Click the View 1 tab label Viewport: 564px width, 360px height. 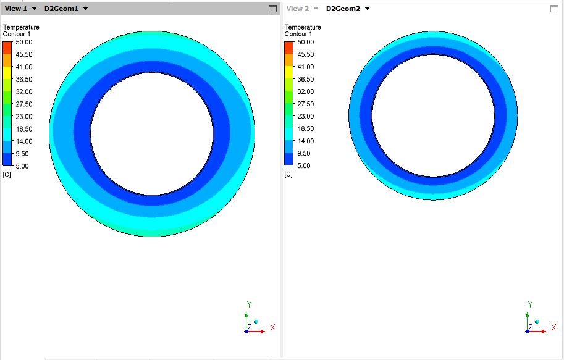coord(17,9)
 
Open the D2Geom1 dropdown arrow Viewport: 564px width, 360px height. coord(85,9)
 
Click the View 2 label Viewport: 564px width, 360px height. coord(297,9)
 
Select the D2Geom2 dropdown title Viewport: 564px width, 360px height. coord(343,9)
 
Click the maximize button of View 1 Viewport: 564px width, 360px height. coord(272,9)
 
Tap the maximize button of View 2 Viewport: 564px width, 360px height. coord(554,9)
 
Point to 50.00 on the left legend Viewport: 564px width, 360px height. coord(24,43)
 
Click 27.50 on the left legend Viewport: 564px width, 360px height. coord(24,104)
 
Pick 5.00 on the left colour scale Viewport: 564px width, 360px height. coord(22,166)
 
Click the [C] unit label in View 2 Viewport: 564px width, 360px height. coord(288,175)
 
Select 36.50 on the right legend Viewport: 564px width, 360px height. coord(305,80)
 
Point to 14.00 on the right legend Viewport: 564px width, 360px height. coord(305,141)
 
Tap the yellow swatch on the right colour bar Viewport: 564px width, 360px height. coord(289,73)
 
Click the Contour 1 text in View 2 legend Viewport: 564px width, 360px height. coord(298,34)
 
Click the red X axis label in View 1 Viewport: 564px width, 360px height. coord(272,327)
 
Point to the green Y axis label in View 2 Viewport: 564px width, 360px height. coord(530,304)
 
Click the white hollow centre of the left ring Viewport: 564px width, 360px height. coord(152,133)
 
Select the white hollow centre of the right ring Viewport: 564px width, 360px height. coord(433,115)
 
